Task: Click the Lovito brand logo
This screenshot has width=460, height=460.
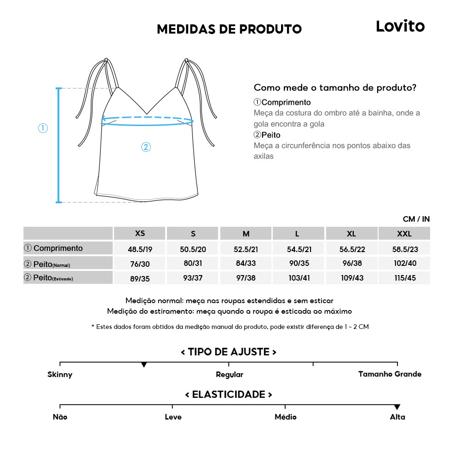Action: (x=400, y=26)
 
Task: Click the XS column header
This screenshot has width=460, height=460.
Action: (x=140, y=233)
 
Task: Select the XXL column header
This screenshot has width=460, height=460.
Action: (x=404, y=234)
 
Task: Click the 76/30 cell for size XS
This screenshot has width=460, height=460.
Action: (x=140, y=264)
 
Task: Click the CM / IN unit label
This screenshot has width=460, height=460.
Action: (x=416, y=219)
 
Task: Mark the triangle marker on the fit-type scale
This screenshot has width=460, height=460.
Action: (x=144, y=365)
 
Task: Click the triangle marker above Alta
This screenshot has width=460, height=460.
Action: (x=397, y=407)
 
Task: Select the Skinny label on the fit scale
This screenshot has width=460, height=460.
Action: (x=60, y=374)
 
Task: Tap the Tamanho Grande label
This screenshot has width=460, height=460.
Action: (x=390, y=374)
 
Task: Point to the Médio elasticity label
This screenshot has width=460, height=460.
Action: (x=285, y=417)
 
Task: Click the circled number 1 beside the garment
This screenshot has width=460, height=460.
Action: (x=43, y=128)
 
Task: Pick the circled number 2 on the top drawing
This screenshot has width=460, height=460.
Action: (x=145, y=147)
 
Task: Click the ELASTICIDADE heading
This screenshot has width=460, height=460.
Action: (x=229, y=395)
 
